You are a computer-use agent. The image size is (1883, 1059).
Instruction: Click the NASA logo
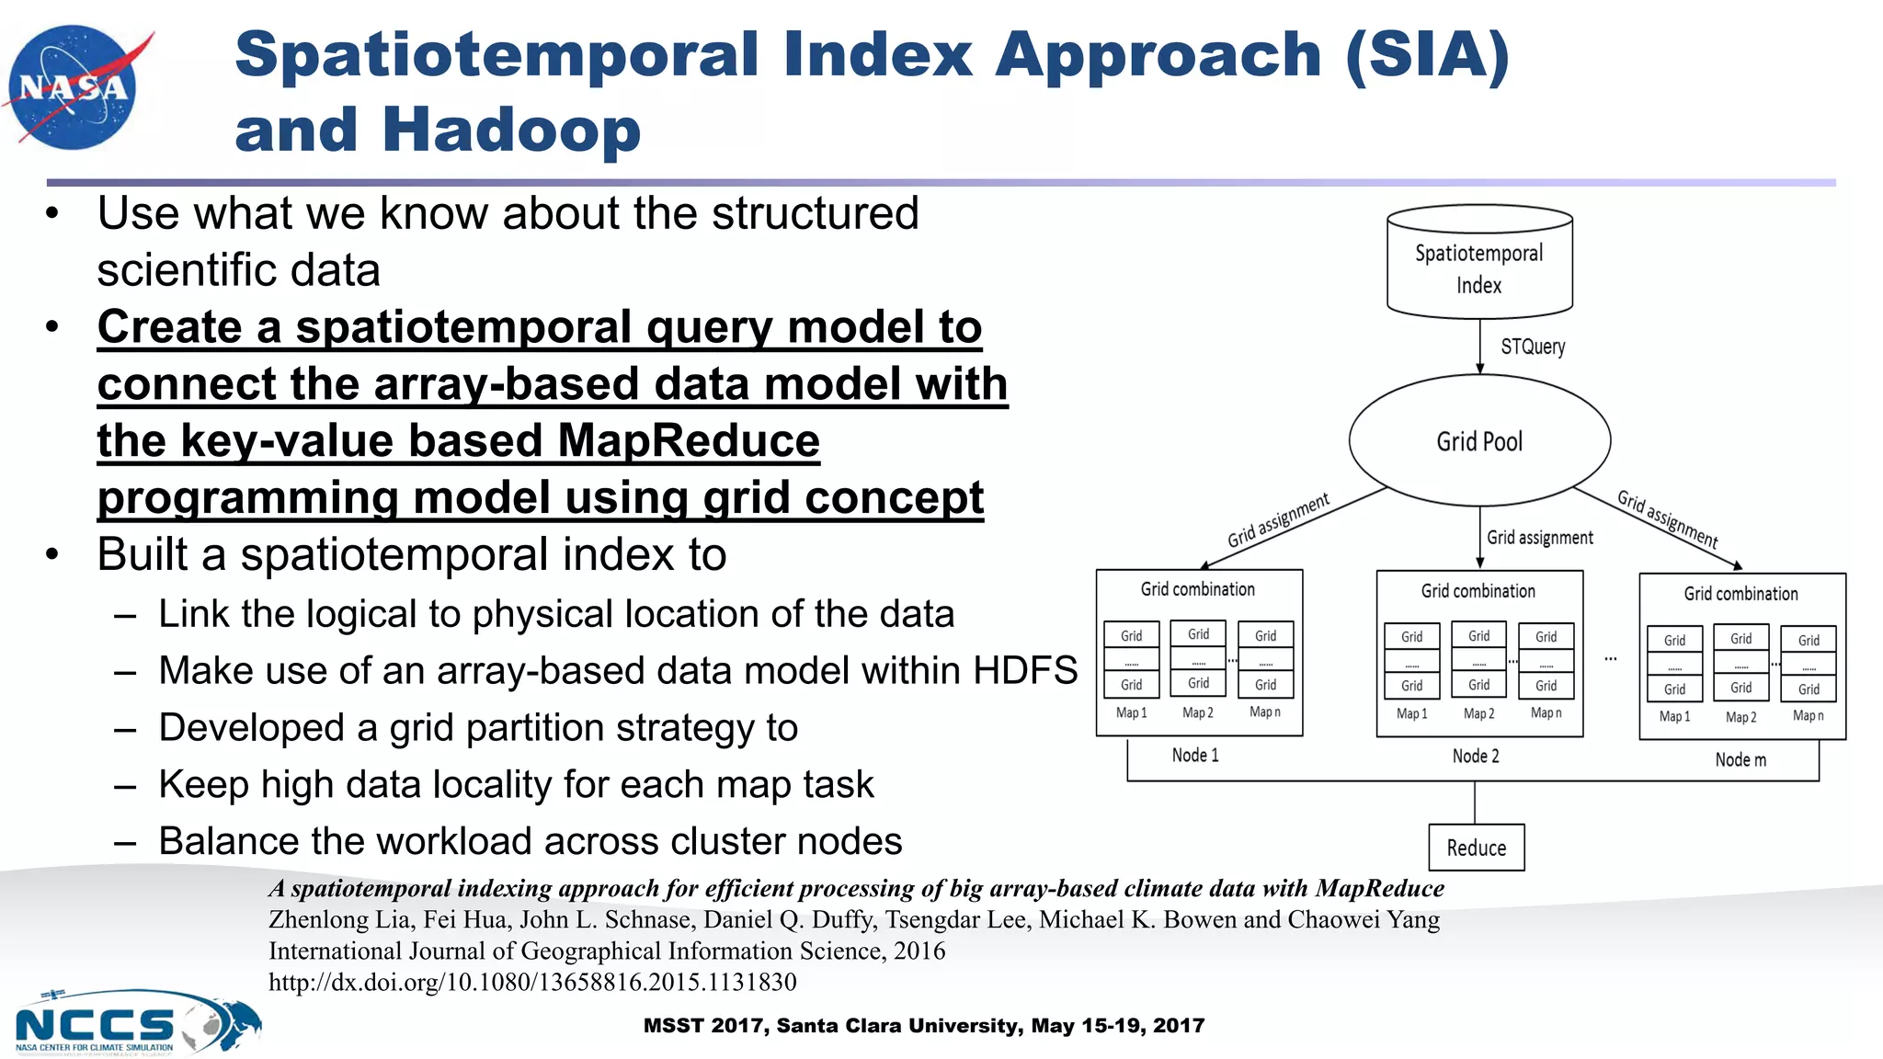tap(75, 87)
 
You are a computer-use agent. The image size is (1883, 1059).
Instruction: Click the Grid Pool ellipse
tap(1478, 441)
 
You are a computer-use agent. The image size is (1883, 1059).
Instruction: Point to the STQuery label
tap(1532, 347)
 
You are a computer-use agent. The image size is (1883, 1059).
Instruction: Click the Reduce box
tap(1476, 848)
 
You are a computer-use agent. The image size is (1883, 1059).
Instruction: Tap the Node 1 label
tap(1194, 756)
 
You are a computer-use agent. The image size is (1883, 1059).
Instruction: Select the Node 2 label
tap(1475, 757)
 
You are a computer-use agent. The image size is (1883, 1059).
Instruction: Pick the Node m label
tap(1740, 760)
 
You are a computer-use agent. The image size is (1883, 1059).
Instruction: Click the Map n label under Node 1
tap(1264, 712)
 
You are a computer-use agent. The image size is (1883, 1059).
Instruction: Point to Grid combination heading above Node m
tap(1740, 594)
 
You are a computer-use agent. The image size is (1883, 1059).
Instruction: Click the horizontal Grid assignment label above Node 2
tap(1539, 538)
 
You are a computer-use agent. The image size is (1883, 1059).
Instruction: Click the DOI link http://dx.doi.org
tap(531, 982)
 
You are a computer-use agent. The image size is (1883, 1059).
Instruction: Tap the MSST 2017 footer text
tap(923, 1026)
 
